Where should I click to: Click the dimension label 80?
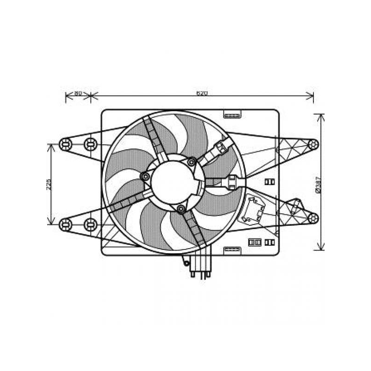tap(78, 93)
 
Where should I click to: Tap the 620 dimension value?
tap(201, 93)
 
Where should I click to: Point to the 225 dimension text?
tap(48, 184)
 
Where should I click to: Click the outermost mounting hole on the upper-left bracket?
tap(65, 144)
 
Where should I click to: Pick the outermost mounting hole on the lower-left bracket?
tap(65, 224)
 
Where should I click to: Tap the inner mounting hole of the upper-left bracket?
tap(90, 144)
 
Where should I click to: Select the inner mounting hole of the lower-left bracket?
tap(90, 224)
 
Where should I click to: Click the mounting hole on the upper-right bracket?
tap(313, 144)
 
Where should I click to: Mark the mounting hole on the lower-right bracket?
tap(313, 217)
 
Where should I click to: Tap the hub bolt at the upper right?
tap(192, 162)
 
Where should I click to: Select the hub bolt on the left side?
tap(146, 177)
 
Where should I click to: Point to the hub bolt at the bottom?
tap(181, 210)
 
